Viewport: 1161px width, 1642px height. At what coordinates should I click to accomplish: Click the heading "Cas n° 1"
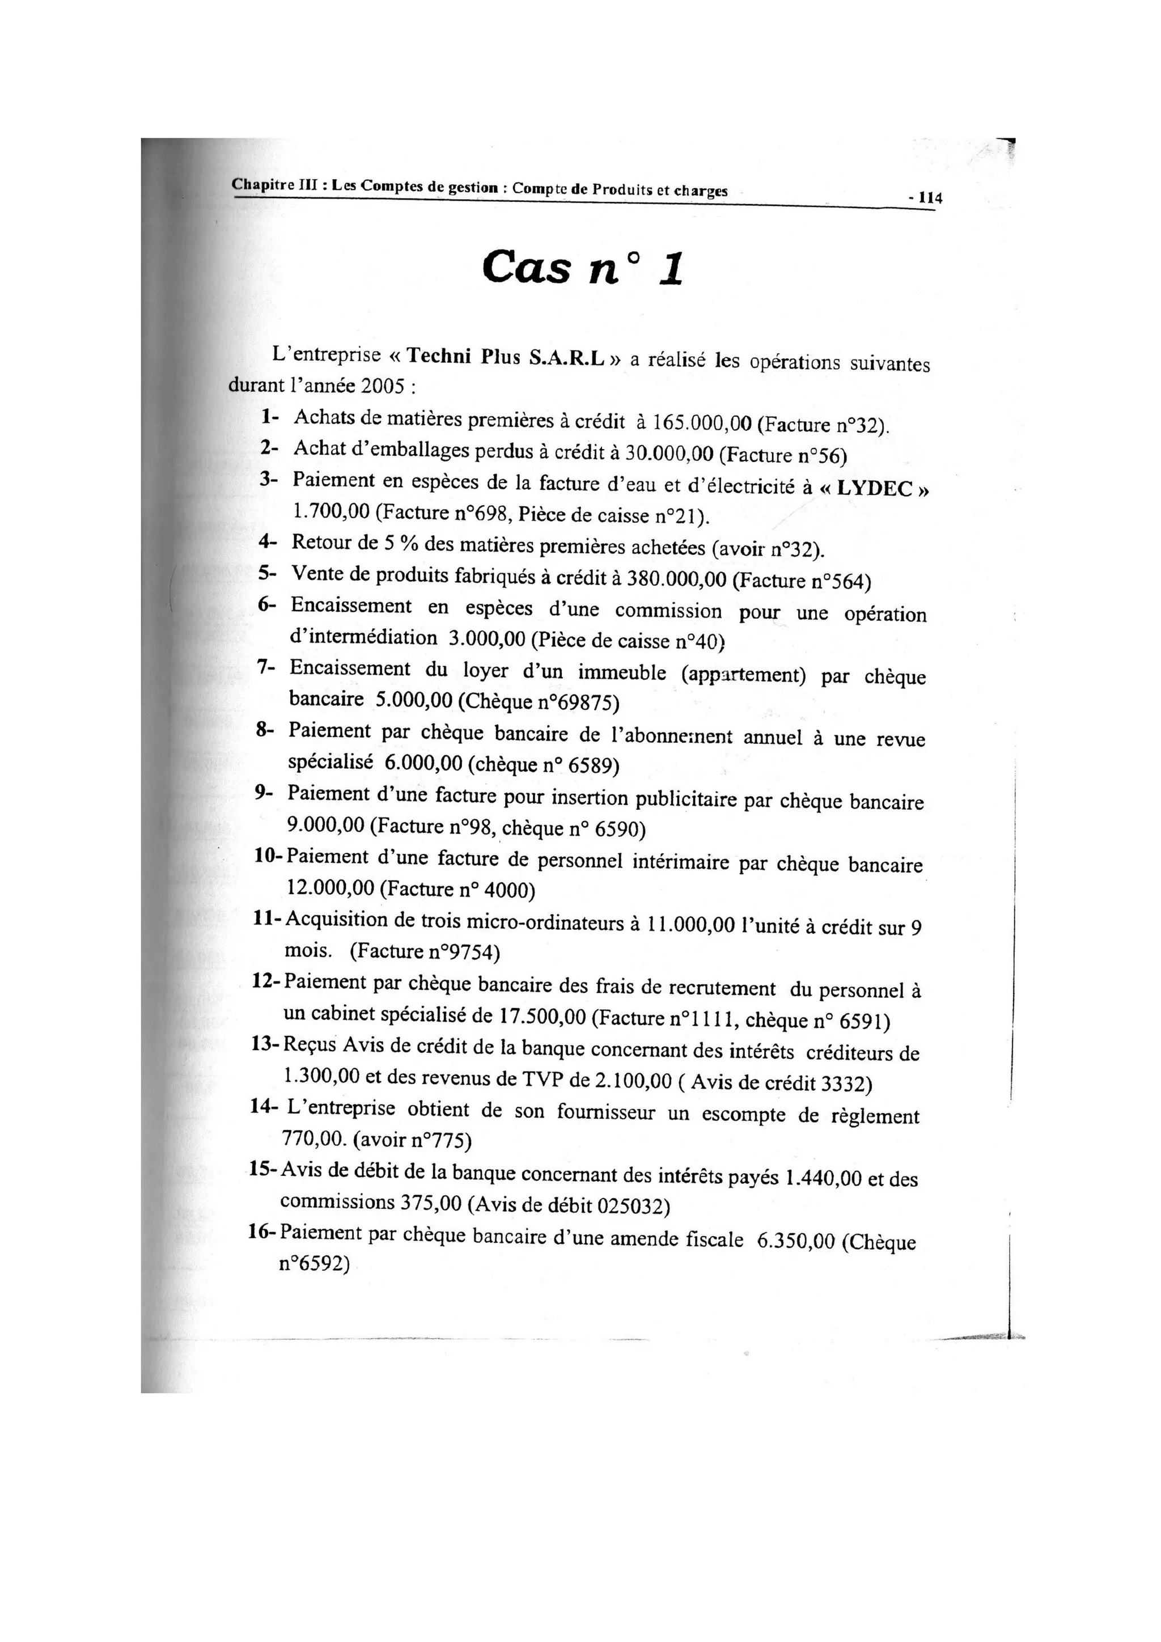coord(583,269)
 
